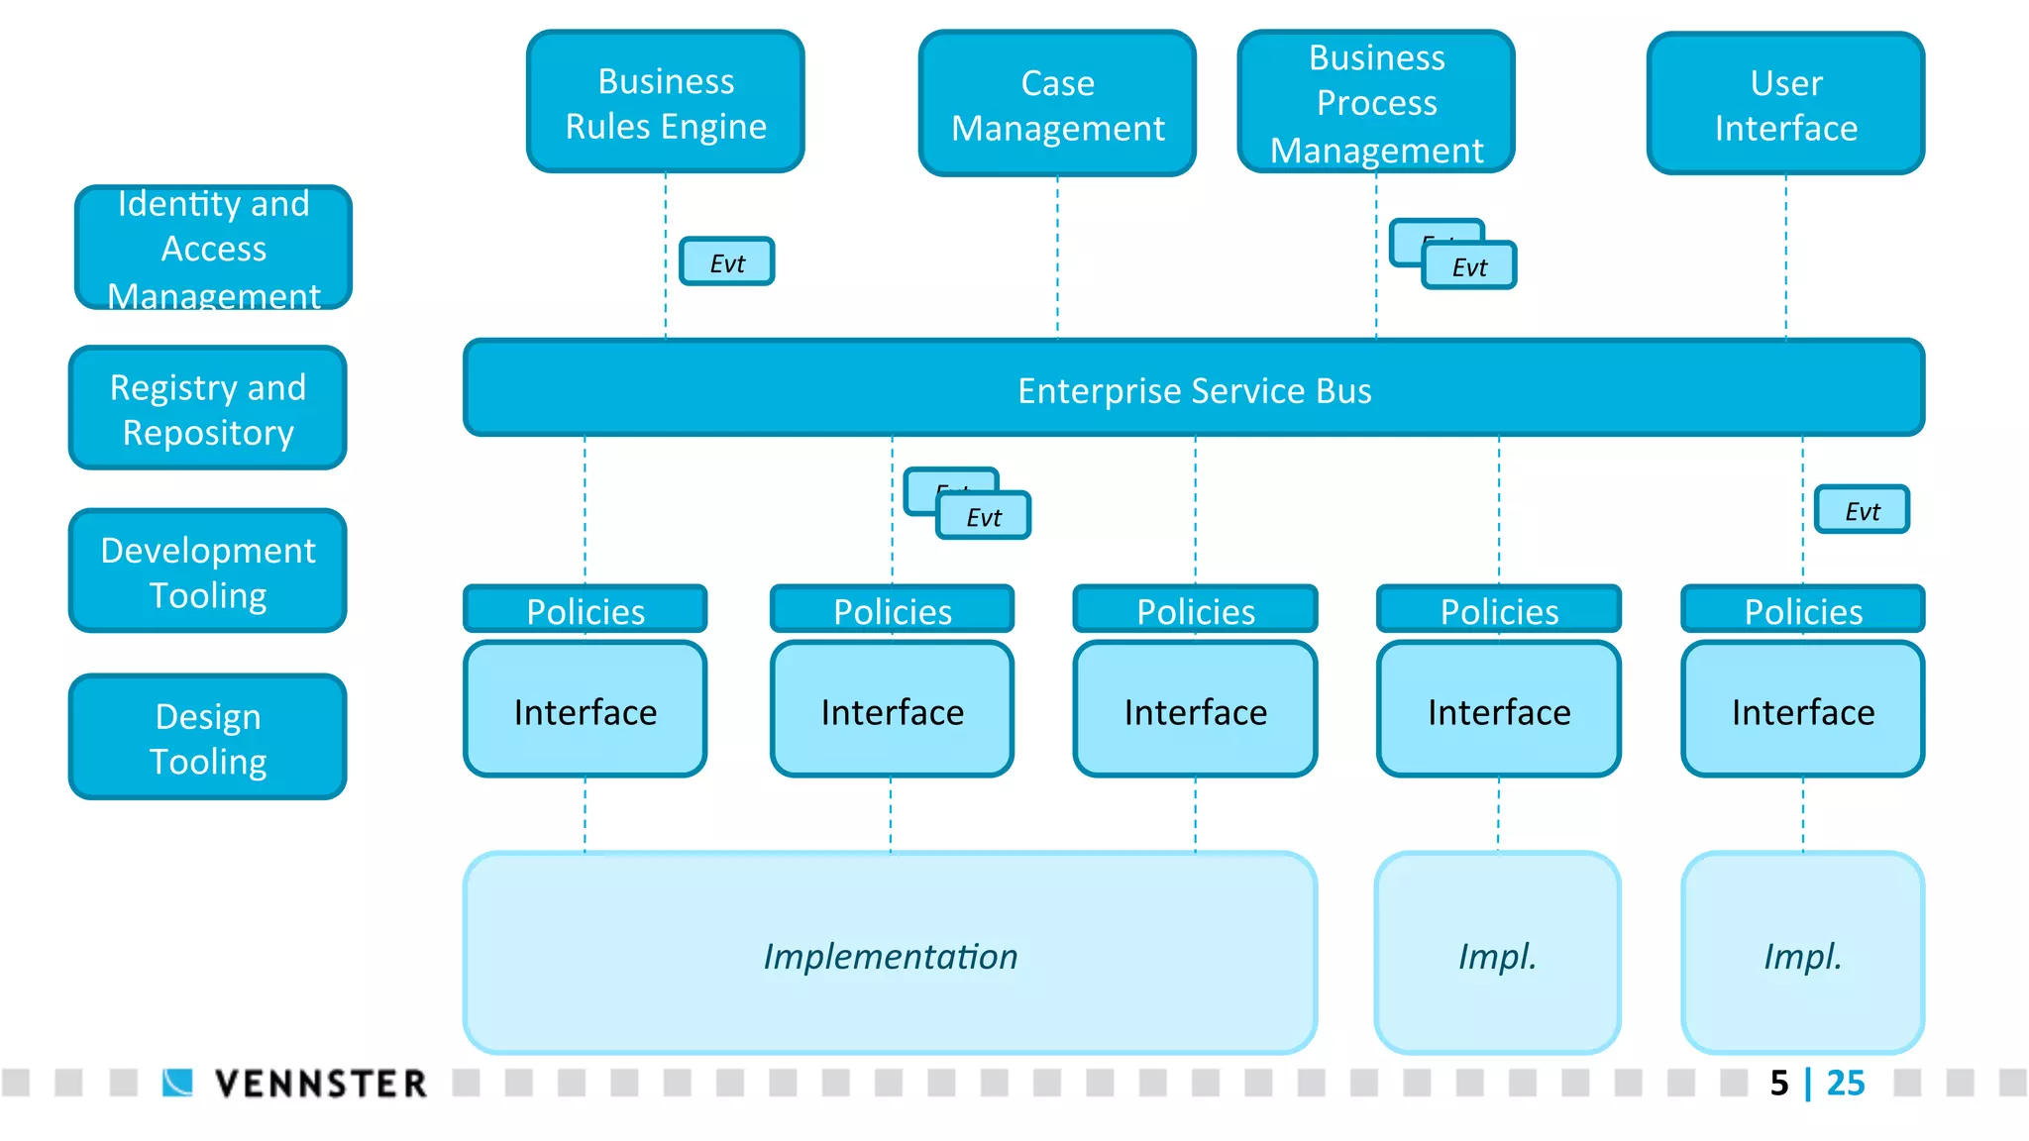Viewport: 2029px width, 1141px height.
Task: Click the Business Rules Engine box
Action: click(x=665, y=102)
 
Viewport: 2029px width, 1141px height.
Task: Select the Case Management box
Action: click(x=1057, y=104)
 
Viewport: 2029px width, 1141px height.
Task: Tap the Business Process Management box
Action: click(x=1376, y=102)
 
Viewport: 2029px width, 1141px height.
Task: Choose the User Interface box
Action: click(x=1785, y=104)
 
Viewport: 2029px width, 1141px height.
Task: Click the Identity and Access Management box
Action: click(x=213, y=248)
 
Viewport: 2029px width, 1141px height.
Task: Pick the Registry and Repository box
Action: click(x=208, y=408)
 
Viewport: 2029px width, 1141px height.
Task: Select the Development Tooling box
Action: click(x=208, y=571)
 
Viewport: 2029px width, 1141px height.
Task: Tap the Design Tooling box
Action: click(x=208, y=737)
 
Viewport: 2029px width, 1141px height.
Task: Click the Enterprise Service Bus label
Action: click(x=1194, y=390)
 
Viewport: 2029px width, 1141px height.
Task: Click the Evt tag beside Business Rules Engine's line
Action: click(x=727, y=262)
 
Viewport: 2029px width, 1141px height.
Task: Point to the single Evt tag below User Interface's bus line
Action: click(x=1862, y=510)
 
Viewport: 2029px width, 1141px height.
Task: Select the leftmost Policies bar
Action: click(x=585, y=610)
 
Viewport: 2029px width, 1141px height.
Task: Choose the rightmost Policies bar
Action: click(x=1802, y=610)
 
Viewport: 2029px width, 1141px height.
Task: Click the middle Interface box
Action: click(x=1195, y=710)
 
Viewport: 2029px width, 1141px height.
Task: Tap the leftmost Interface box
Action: click(x=585, y=710)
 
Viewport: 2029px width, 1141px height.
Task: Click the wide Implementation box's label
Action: click(x=890, y=956)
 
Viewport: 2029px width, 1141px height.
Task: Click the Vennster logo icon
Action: click(x=178, y=1083)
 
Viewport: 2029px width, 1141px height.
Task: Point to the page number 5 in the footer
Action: click(x=1779, y=1083)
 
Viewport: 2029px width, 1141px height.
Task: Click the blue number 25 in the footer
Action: click(x=1845, y=1083)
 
